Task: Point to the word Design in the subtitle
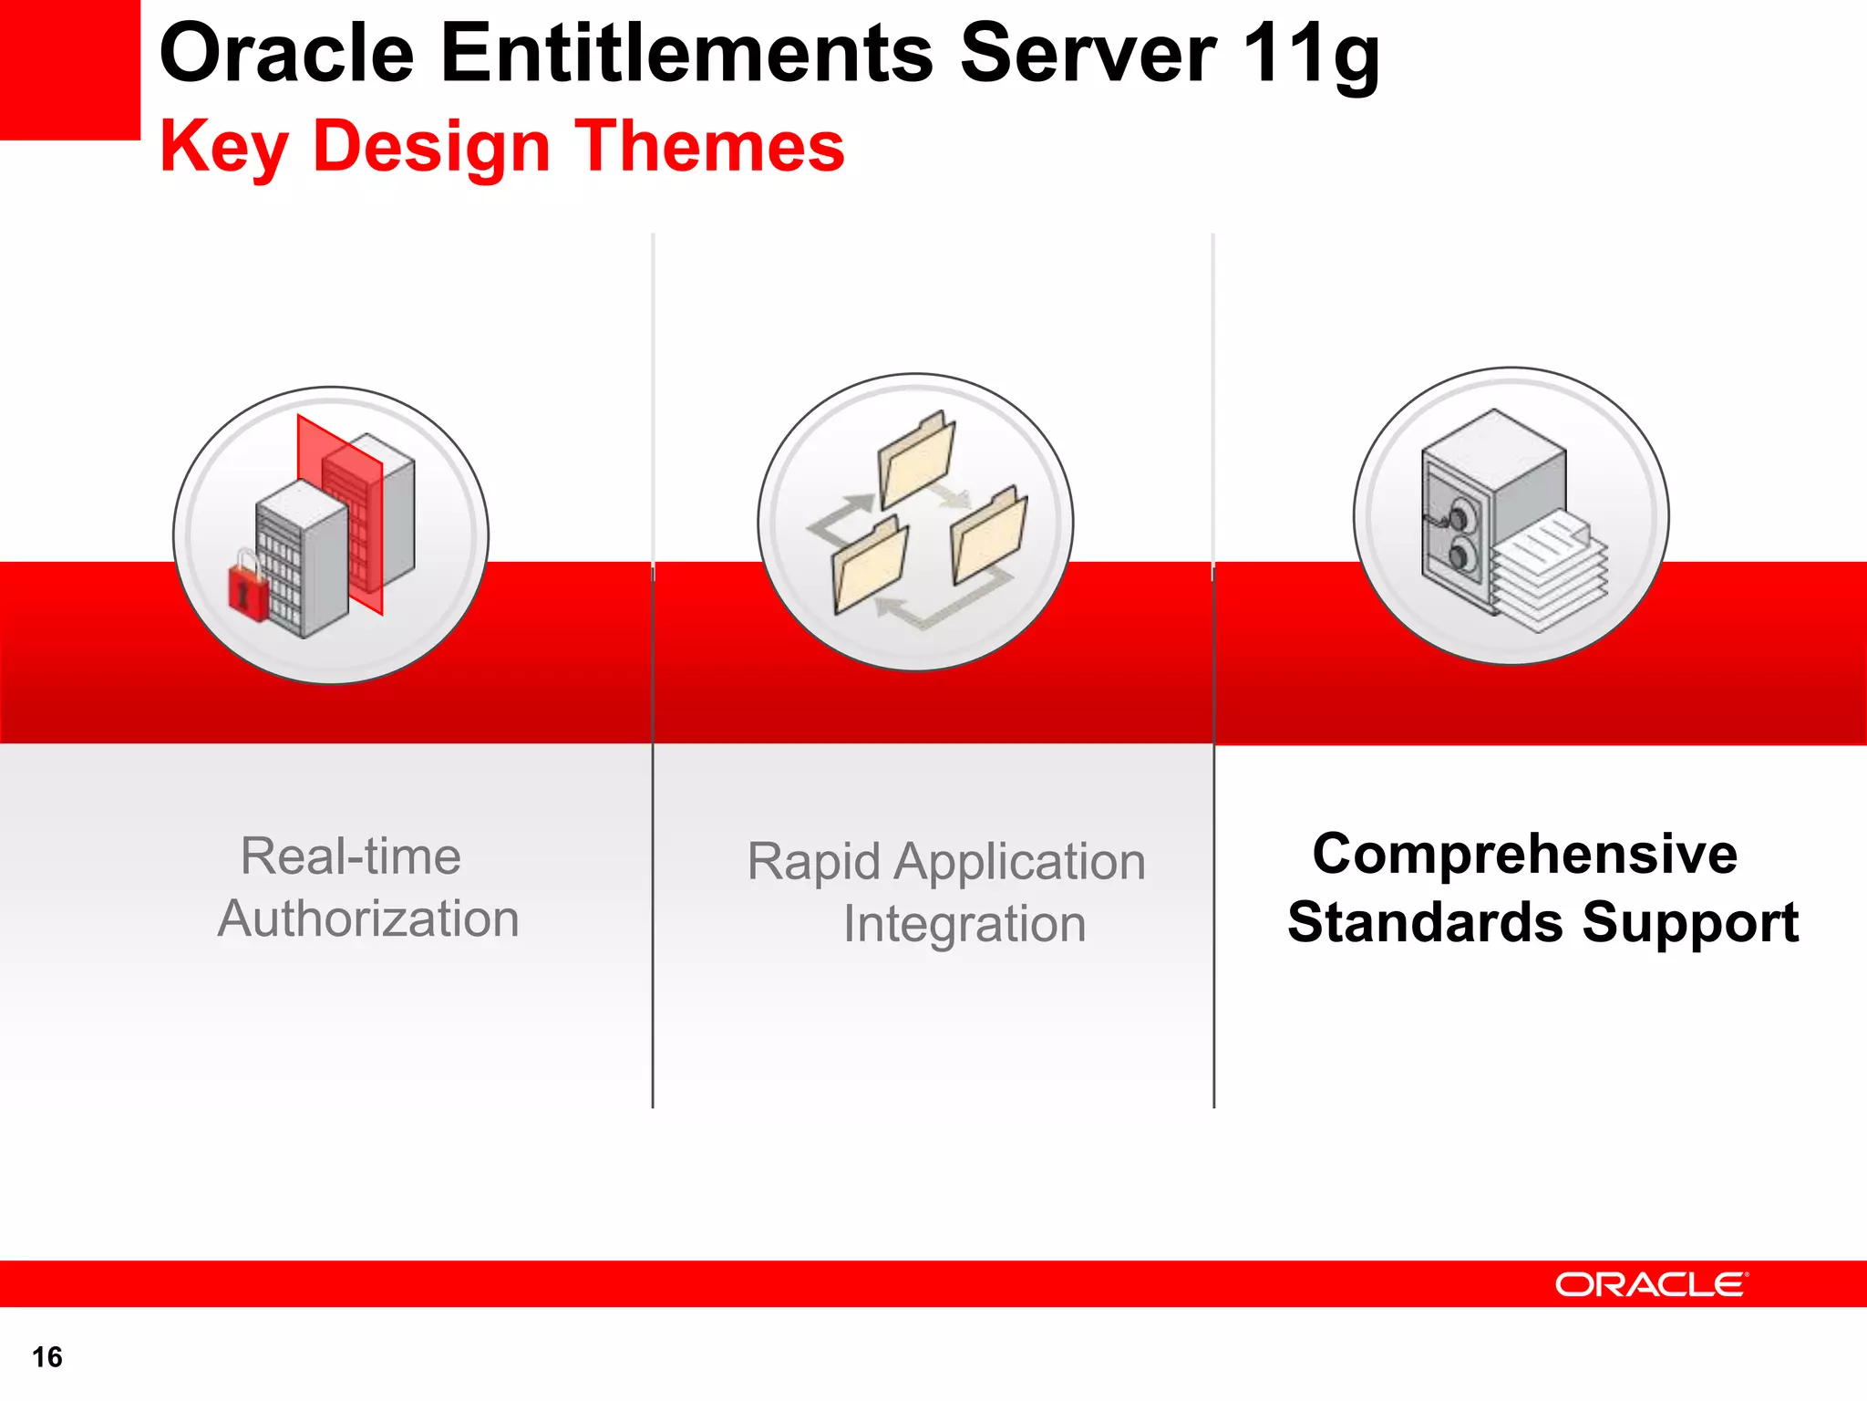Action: click(x=431, y=148)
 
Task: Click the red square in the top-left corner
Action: click(x=69, y=69)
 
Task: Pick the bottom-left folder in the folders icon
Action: click(x=869, y=566)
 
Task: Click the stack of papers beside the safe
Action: click(x=1550, y=575)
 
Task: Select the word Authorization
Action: click(x=368, y=918)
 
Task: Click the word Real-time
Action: click(x=350, y=856)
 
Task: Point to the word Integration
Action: click(x=964, y=924)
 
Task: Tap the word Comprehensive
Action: click(x=1524, y=855)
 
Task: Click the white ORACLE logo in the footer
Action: click(x=1651, y=1284)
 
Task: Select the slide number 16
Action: click(x=47, y=1357)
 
